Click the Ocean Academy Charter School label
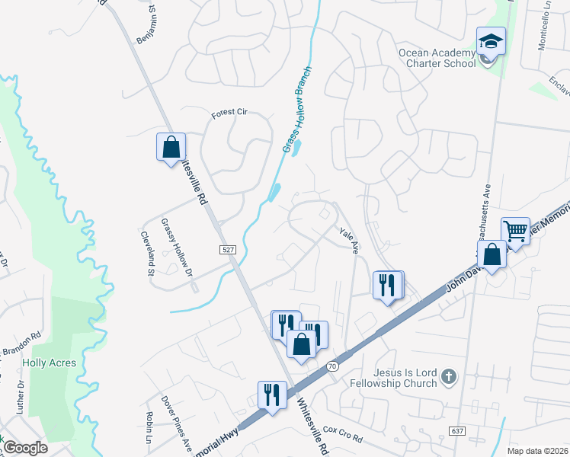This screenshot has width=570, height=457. point(437,57)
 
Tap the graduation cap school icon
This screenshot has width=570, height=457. point(491,43)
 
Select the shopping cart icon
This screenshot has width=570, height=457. point(515,231)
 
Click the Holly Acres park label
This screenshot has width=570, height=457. point(50,363)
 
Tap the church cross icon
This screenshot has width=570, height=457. point(450,376)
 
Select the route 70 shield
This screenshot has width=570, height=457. point(332,366)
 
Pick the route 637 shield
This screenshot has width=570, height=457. point(457,431)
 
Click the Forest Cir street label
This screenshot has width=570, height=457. point(230,113)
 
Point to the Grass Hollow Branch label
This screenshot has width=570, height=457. point(298,119)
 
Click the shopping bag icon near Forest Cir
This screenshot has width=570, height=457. point(171,146)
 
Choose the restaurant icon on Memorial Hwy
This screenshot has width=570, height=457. point(272,395)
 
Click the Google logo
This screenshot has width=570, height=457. point(26,448)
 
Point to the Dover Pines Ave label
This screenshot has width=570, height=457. point(175,421)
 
